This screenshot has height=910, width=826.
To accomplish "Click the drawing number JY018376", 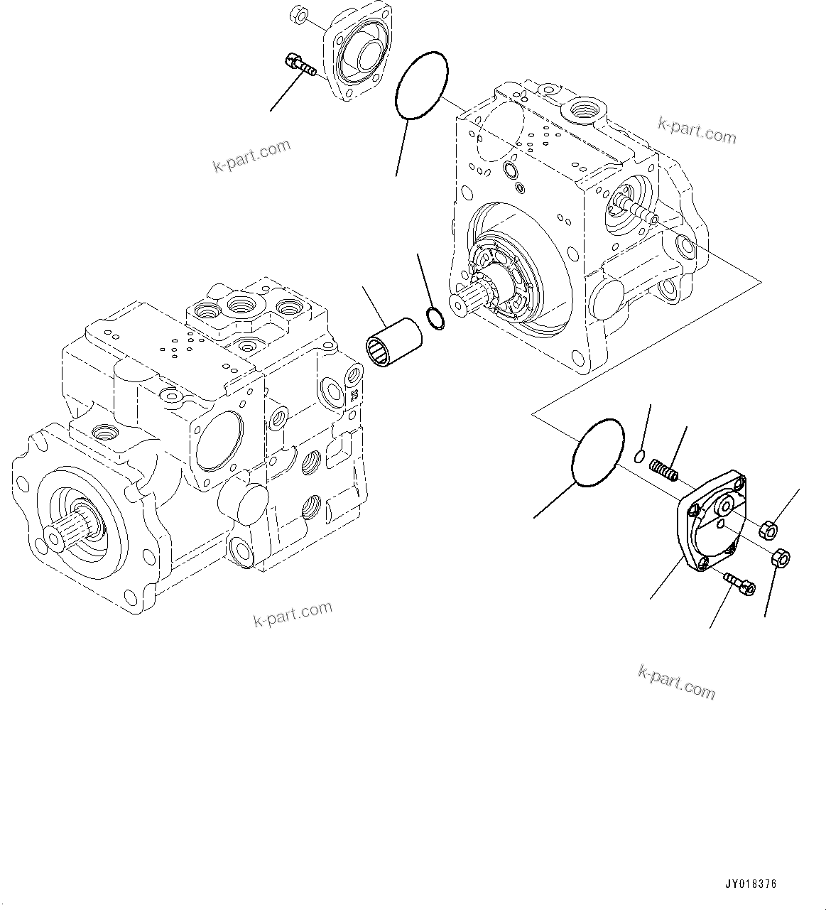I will click(x=751, y=884).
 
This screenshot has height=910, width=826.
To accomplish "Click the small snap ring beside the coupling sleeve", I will click(x=436, y=320).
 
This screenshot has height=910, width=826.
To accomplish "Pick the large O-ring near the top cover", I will click(x=422, y=86).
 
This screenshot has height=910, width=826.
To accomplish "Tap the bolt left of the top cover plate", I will click(x=300, y=66).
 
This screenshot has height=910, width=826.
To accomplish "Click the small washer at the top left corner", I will click(x=298, y=13).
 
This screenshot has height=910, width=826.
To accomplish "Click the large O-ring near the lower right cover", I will click(x=597, y=453).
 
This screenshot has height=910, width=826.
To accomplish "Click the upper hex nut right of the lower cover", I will click(x=768, y=529).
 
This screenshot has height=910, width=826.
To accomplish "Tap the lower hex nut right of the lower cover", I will click(x=779, y=559).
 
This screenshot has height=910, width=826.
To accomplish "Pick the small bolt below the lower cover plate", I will click(x=739, y=585).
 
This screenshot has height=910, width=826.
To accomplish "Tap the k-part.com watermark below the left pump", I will click(x=293, y=614).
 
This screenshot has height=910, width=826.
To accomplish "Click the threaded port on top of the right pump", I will click(x=585, y=109).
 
